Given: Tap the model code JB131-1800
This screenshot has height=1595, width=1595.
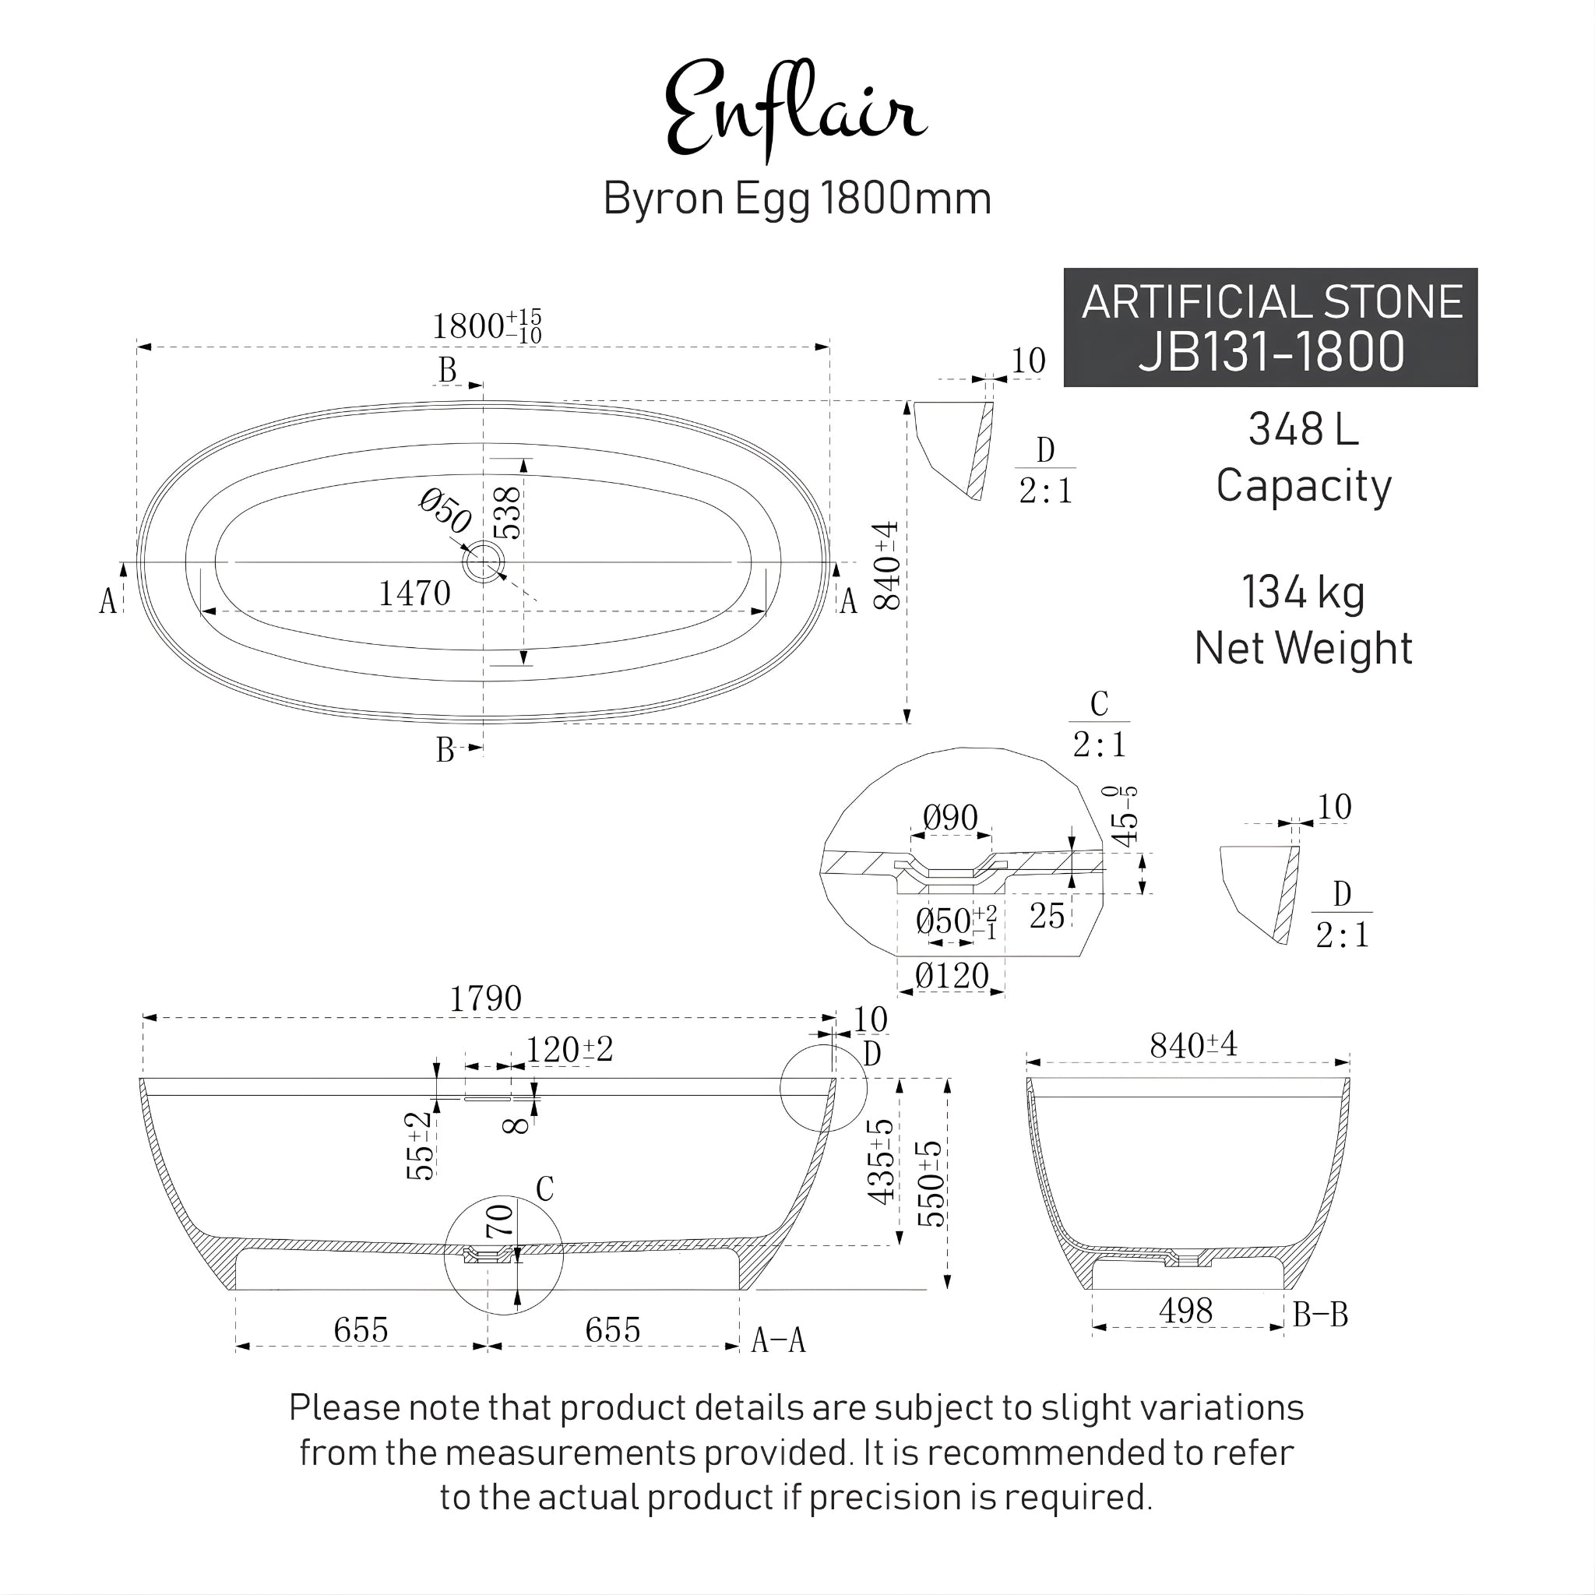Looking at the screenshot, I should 1270,352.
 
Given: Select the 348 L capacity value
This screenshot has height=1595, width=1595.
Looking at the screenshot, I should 1303,429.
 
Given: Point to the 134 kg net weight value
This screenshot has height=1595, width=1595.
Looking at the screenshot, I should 1303,593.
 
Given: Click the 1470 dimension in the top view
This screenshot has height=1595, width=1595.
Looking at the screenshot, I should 414,593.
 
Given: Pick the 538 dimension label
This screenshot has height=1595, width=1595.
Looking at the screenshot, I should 509,513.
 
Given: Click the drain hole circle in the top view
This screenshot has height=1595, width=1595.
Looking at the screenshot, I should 483,562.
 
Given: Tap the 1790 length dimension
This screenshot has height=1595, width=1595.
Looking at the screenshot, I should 485,999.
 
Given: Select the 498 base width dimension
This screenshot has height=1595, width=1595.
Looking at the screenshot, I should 1185,1311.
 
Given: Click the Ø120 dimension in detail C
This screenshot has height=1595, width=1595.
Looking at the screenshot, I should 952,976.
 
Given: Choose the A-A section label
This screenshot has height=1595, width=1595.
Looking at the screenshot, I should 778,1340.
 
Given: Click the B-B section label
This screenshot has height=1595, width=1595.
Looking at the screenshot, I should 1320,1315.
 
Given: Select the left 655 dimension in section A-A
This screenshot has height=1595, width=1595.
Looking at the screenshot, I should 361,1330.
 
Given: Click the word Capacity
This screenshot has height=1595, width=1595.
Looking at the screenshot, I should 1303,485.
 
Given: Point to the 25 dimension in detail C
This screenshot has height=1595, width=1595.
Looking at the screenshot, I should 1047,916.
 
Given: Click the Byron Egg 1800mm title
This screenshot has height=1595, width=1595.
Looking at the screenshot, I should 797,199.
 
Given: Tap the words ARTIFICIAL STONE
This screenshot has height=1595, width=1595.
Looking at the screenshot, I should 1271,302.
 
